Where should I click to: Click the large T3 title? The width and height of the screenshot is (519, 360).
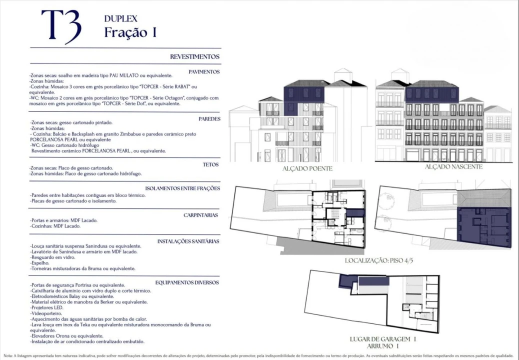click(60, 26)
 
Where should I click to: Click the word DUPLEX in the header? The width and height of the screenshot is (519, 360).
click(120, 18)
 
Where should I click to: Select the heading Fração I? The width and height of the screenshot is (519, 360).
click(130, 32)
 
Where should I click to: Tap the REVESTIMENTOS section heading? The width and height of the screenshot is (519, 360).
click(194, 57)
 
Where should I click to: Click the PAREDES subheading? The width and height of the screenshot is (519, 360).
click(208, 118)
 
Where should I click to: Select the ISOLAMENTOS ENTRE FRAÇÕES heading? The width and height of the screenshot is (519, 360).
click(182, 188)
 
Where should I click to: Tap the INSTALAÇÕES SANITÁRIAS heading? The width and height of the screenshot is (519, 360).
click(188, 241)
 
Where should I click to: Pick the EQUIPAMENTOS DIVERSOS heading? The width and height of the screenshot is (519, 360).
click(187, 282)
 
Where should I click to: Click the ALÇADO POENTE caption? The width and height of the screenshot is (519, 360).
click(307, 168)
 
